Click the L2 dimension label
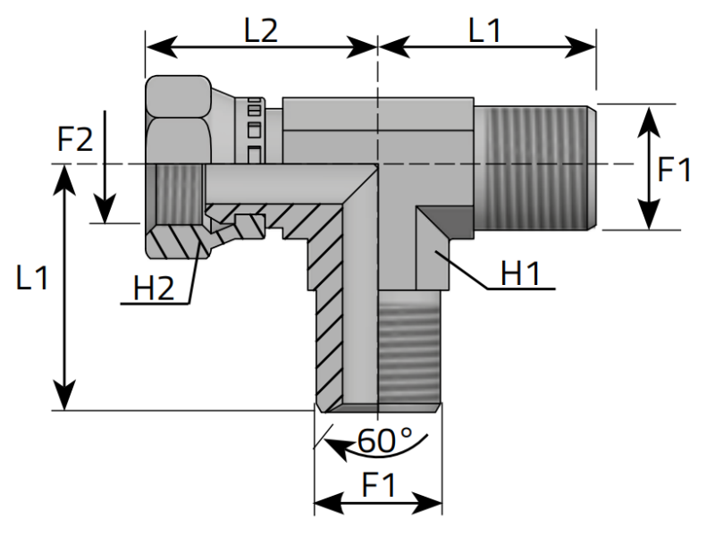(261, 31)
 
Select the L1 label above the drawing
(484, 31)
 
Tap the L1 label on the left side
(34, 279)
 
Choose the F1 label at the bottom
(379, 485)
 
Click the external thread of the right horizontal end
(532, 165)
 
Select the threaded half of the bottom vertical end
(409, 353)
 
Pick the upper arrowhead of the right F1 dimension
(648, 114)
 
